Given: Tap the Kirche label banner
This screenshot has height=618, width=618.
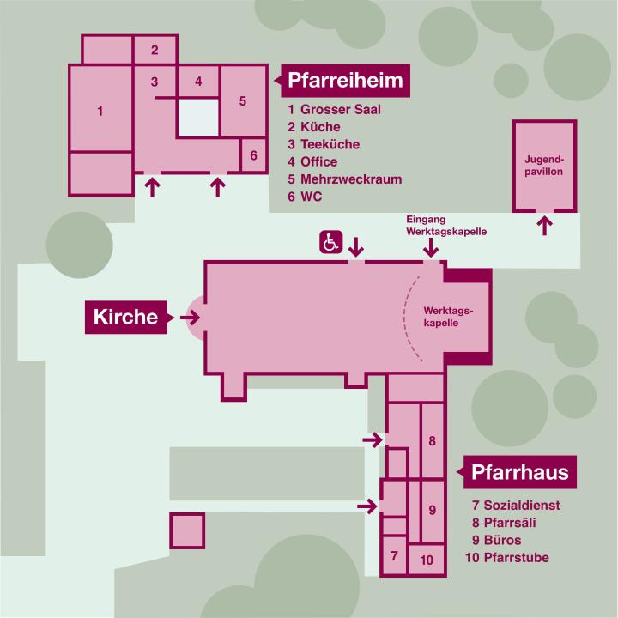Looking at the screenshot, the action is pyautogui.click(x=129, y=318).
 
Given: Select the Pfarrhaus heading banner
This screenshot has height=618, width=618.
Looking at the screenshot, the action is pyautogui.click(x=517, y=472).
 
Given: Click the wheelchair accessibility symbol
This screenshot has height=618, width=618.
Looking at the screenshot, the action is pyautogui.click(x=330, y=242).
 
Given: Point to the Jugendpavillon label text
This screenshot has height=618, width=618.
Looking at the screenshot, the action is pyautogui.click(x=544, y=166).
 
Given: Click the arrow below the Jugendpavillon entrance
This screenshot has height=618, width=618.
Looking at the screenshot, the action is pyautogui.click(x=545, y=226).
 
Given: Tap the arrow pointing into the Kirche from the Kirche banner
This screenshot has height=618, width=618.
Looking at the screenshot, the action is pyautogui.click(x=190, y=317).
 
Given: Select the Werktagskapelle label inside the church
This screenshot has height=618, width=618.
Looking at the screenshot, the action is pyautogui.click(x=448, y=317).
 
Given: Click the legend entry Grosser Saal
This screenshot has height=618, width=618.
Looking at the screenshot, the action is pyautogui.click(x=341, y=110).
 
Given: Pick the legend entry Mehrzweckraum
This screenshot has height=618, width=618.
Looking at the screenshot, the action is pyautogui.click(x=351, y=179).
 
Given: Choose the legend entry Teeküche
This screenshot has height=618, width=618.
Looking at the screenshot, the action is pyautogui.click(x=330, y=144).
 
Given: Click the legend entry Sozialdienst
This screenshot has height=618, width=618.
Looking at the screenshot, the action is pyautogui.click(x=522, y=506).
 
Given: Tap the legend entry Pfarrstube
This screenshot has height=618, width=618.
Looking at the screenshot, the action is pyautogui.click(x=517, y=558).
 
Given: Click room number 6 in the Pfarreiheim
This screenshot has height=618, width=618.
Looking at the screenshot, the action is pyautogui.click(x=253, y=155).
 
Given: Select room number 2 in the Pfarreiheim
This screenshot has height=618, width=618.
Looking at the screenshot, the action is pyautogui.click(x=154, y=50).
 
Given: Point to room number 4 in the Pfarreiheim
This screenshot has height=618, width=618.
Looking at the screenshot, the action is pyautogui.click(x=198, y=82).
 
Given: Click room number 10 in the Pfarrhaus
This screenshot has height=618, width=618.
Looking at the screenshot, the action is pyautogui.click(x=427, y=560).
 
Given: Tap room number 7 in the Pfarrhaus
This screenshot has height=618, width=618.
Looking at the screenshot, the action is pyautogui.click(x=394, y=555).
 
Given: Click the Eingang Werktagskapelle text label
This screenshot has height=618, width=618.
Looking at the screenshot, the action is pyautogui.click(x=446, y=226).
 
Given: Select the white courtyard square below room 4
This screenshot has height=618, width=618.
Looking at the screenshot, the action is pyautogui.click(x=198, y=118).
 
